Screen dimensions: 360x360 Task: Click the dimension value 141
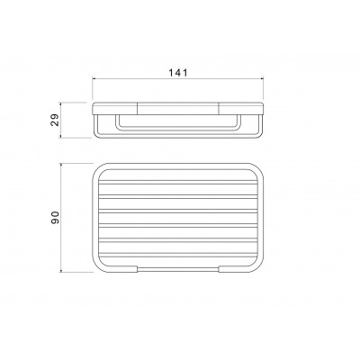pyautogui.click(x=177, y=73)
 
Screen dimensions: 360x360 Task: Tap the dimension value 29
pyautogui.click(x=56, y=121)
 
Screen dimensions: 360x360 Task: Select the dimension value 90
pyautogui.click(x=56, y=218)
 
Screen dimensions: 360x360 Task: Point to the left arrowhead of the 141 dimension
pyautogui.click(x=94, y=79)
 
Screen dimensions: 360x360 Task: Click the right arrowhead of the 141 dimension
pyautogui.click(x=261, y=79)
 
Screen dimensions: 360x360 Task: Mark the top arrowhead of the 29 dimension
pyautogui.click(x=61, y=104)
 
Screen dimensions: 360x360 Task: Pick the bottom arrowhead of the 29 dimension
pyautogui.click(x=61, y=136)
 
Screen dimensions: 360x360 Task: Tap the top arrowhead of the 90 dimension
pyautogui.click(x=61, y=166)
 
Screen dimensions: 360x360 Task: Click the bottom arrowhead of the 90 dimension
pyautogui.click(x=61, y=270)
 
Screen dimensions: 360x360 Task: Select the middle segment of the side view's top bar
pyautogui.click(x=178, y=109)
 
